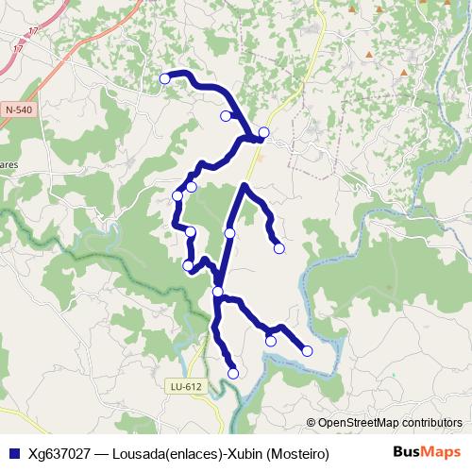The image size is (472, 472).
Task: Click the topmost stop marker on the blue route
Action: coord(165,78)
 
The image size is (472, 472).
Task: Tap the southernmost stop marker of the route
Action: coord(233,373)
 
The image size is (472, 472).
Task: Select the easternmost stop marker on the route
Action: coord(307,351)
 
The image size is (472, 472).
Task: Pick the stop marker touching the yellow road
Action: coord(264,132)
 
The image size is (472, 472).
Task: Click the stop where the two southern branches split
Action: coord(218,292)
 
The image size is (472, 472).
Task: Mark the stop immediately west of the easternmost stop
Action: coord(271,341)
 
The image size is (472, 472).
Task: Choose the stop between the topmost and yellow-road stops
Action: coord(226,116)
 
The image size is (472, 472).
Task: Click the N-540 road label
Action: coord(18,110)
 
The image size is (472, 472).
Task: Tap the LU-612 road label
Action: coord(186,386)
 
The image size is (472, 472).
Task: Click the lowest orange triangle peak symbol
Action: coord(404,72)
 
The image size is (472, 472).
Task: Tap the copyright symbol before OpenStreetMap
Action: coord(311,423)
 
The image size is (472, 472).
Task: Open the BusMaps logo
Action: coord(427,452)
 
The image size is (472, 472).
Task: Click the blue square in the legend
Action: coord(12,453)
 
